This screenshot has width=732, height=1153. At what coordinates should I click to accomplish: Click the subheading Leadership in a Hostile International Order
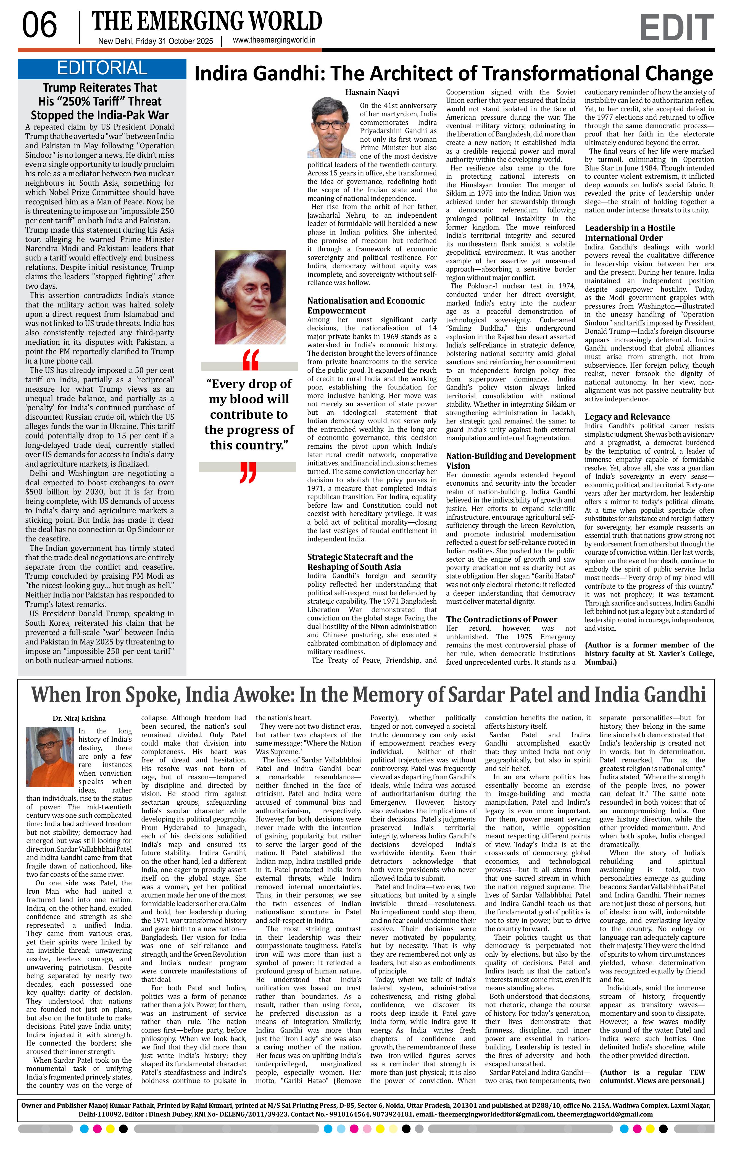[630, 233]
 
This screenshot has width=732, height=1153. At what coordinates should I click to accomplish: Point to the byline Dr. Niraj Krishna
[79, 718]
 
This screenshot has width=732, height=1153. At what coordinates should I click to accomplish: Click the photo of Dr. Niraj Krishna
[50, 757]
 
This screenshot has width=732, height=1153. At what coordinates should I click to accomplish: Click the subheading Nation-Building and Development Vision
[510, 461]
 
